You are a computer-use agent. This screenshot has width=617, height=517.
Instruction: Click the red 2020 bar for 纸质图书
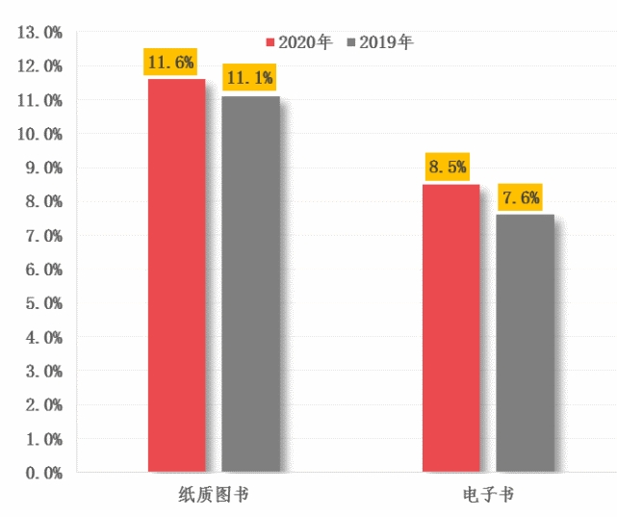(x=176, y=275)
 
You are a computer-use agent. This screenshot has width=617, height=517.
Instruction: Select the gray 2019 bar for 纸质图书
(x=250, y=284)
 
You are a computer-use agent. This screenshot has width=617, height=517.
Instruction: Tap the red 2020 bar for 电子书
(x=451, y=328)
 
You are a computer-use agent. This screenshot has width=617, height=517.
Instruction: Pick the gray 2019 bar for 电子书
(x=526, y=343)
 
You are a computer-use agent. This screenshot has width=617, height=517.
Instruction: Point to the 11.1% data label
(x=248, y=78)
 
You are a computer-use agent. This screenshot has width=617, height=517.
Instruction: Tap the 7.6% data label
(x=520, y=198)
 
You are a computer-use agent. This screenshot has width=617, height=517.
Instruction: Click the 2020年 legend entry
(x=299, y=42)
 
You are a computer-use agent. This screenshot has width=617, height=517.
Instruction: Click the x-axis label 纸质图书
(x=212, y=495)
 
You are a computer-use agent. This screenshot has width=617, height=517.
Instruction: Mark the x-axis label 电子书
(x=488, y=495)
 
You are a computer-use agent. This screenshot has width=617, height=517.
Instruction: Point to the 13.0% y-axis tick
(x=39, y=33)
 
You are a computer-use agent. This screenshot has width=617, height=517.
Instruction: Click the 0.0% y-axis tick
(x=39, y=473)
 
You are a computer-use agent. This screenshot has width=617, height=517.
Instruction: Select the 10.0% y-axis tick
(x=39, y=134)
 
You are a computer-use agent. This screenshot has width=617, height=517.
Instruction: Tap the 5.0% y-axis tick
(x=39, y=303)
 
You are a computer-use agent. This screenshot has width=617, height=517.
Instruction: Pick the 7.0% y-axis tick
(x=39, y=236)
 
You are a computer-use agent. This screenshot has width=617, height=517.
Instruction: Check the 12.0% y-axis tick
(x=39, y=66)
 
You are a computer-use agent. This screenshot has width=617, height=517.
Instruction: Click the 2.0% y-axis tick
(x=39, y=405)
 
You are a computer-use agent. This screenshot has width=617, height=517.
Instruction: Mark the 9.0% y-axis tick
(x=39, y=168)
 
